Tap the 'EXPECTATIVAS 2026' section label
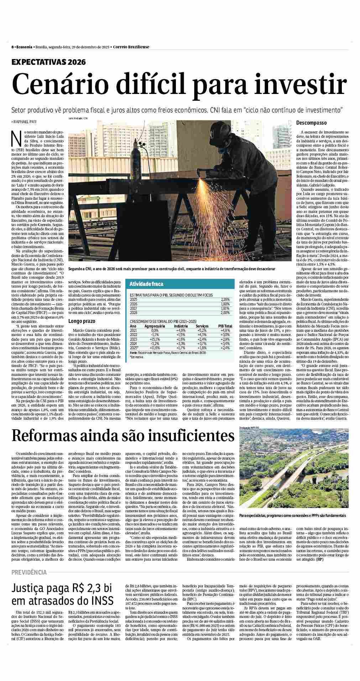tap(49, 62)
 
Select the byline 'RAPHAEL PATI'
tap(25, 122)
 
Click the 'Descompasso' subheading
tap(312, 123)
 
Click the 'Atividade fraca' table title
tap(147, 284)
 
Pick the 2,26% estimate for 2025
tap(225, 299)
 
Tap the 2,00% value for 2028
tap(225, 312)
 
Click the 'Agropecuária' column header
tap(155, 326)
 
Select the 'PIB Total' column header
tap(225, 326)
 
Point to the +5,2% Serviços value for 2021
tap(202, 330)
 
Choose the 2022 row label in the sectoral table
tap(133, 334)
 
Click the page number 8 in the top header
tap(12, 47)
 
